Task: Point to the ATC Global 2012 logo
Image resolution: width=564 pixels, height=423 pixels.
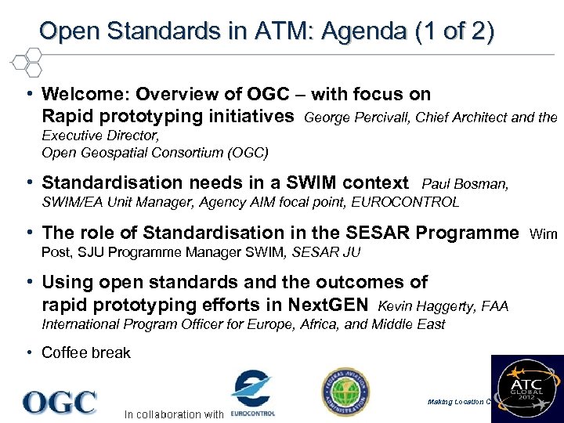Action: (527, 389)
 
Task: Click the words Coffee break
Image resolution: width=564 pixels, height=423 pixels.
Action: (86, 352)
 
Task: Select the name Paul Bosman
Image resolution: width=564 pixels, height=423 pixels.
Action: (465, 185)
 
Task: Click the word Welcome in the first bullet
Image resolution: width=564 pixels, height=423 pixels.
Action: (84, 95)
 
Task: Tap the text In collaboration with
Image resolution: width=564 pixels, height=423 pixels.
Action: (174, 414)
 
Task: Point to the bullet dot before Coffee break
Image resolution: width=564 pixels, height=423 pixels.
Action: (28, 352)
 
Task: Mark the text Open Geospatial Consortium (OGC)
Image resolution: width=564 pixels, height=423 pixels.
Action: (154, 152)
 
